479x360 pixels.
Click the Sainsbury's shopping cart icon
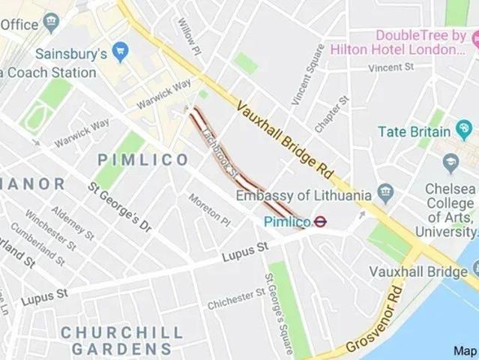pos(120,51)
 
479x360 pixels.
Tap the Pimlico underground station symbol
pos(320,221)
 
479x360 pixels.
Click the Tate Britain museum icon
pos(464,132)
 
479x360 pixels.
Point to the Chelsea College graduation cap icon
pos(451,161)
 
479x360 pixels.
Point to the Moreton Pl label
pos(209,210)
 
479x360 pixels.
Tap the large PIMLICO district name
pos(143,160)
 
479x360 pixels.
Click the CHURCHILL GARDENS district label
pos(121,340)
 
